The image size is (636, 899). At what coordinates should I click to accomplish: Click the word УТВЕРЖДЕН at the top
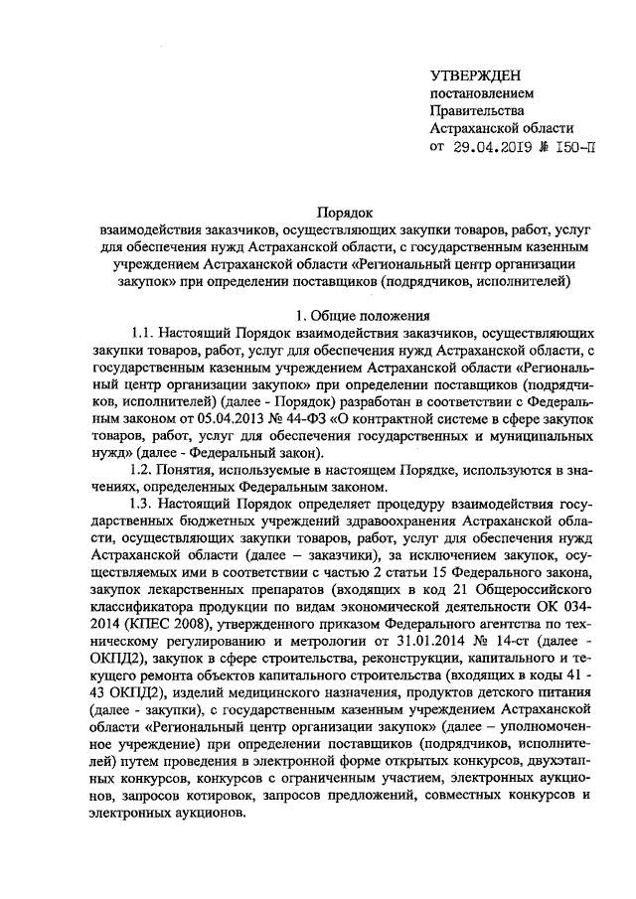point(474,76)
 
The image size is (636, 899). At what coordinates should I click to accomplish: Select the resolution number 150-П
point(577,148)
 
